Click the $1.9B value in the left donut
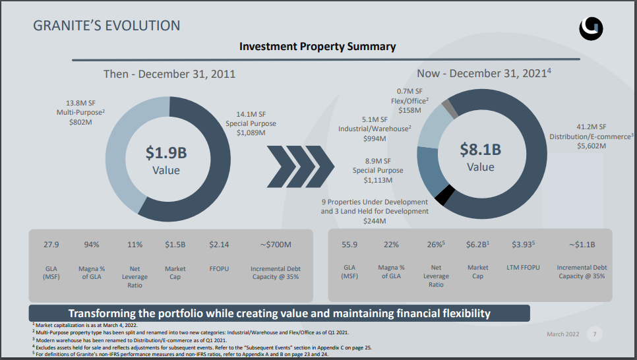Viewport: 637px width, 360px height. click(x=166, y=153)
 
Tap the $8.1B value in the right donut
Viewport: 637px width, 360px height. click(x=480, y=150)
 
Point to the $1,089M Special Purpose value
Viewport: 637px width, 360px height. click(x=251, y=133)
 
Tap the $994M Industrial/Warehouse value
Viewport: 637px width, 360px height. click(x=375, y=138)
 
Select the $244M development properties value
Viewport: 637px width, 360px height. click(x=375, y=222)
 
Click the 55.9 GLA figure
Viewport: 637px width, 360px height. click(x=349, y=245)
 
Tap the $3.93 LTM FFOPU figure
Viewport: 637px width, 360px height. click(x=522, y=245)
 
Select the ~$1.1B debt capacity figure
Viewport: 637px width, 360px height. click(x=581, y=245)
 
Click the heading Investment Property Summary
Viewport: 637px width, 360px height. click(x=317, y=46)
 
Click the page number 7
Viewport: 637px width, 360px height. click(x=594, y=334)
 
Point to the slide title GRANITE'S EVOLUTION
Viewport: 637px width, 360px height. click(x=106, y=26)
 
